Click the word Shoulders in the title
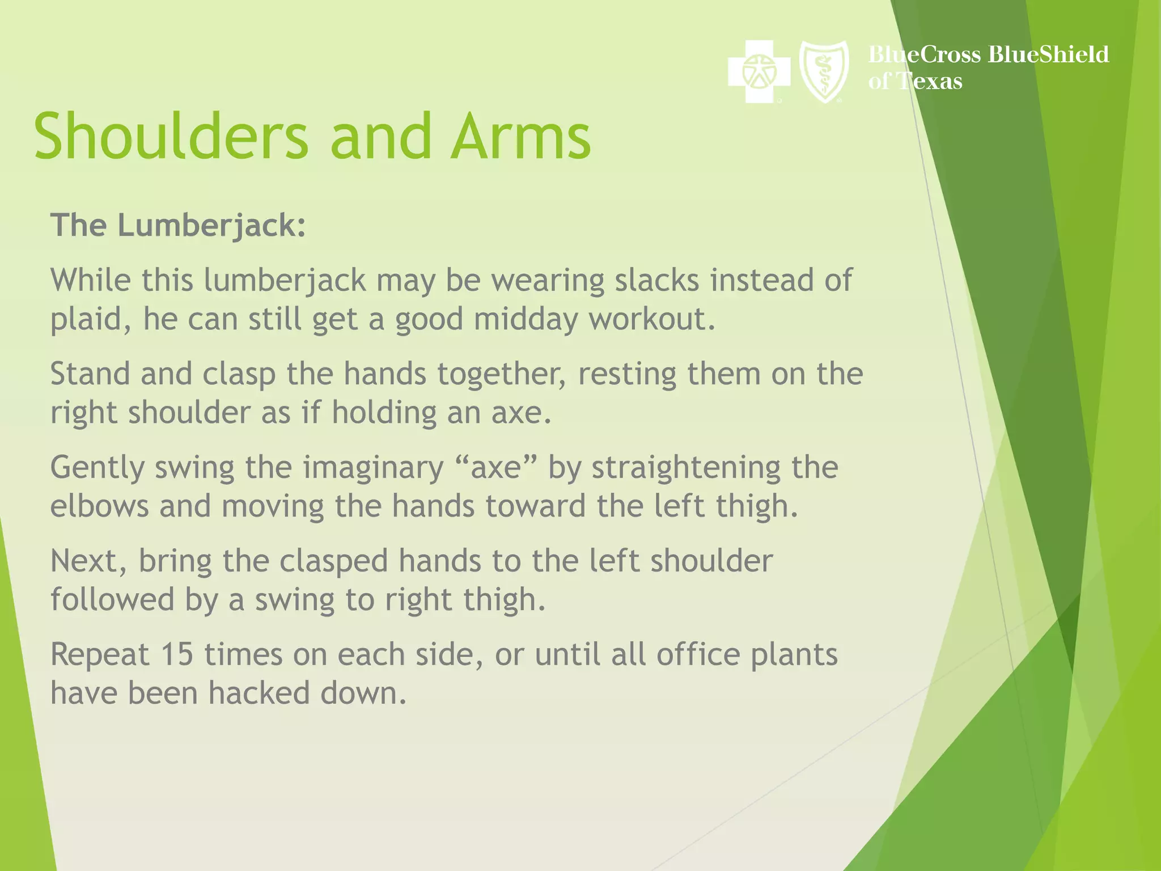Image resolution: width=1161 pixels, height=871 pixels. (171, 137)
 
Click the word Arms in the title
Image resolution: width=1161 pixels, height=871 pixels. (521, 137)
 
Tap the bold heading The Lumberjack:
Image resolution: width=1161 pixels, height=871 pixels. (178, 226)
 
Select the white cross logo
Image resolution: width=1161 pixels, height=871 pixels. (759, 71)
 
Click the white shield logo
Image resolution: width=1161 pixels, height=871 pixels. (824, 71)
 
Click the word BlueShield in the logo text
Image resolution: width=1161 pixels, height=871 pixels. (1048, 54)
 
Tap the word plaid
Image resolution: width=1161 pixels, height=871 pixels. (86, 320)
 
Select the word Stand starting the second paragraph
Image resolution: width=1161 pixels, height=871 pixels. (90, 374)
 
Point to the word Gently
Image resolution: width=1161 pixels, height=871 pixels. (97, 468)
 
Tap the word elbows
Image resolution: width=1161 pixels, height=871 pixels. (99, 506)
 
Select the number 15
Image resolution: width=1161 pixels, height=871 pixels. (177, 654)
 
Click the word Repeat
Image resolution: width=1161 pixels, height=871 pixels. (99, 656)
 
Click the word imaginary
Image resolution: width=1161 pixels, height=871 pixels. (373, 468)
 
